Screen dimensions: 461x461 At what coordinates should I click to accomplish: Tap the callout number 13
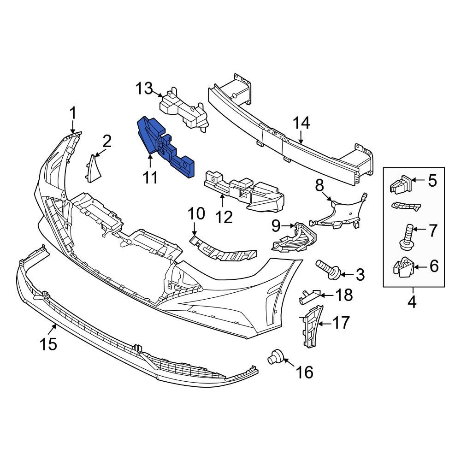click(x=144, y=88)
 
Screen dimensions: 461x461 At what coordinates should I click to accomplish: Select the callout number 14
click(x=301, y=123)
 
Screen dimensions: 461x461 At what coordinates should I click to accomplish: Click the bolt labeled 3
click(x=328, y=270)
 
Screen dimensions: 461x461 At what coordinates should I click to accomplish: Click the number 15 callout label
click(x=48, y=343)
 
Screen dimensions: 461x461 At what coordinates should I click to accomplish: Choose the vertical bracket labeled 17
click(x=311, y=325)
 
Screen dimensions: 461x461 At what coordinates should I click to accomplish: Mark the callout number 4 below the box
click(x=412, y=302)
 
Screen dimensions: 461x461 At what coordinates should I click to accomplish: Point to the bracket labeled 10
click(x=224, y=249)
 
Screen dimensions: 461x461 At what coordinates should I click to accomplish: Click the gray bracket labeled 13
click(x=182, y=108)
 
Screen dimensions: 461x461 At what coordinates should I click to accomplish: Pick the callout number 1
click(x=72, y=112)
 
